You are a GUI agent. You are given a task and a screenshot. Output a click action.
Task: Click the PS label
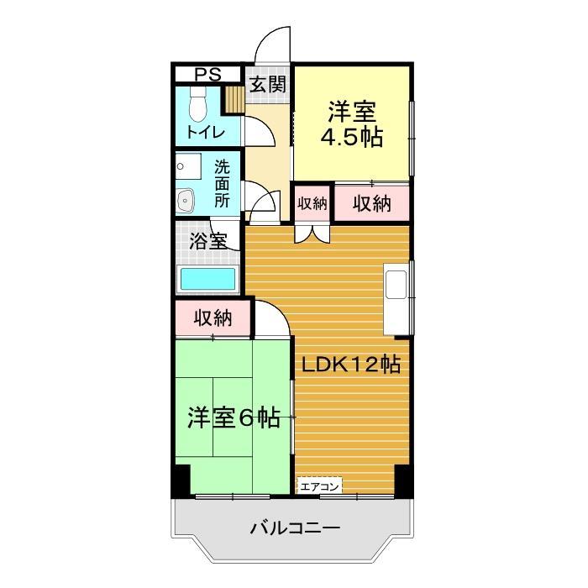(x=208, y=75)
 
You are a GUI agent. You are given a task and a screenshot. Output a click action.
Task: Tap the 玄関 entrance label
(x=268, y=84)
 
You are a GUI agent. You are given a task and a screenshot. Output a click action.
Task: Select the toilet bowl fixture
(x=198, y=106)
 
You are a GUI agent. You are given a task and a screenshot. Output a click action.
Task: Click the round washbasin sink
(x=186, y=201)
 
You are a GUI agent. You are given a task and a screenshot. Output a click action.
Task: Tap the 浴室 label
(x=207, y=241)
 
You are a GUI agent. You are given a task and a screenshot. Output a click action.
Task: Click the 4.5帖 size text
(x=352, y=137)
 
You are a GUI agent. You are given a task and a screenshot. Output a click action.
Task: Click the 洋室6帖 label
(x=234, y=417)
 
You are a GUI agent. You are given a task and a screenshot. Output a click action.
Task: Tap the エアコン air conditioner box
(x=320, y=486)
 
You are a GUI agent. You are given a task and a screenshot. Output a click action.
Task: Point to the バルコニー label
(x=294, y=529)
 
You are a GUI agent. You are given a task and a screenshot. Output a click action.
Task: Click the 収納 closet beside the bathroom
(x=213, y=318)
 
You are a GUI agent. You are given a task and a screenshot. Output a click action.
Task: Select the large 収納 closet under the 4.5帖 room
(x=371, y=203)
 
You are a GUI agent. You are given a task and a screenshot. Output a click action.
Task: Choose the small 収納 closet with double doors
(x=312, y=203)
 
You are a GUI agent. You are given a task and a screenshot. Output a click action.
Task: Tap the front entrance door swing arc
(x=271, y=44)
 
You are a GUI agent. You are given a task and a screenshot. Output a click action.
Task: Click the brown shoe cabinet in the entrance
(x=234, y=98)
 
